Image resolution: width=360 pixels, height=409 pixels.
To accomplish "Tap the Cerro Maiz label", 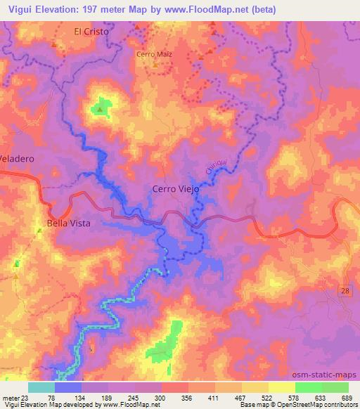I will point(154,53).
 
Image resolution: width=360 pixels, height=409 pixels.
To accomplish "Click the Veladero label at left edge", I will point(17,159).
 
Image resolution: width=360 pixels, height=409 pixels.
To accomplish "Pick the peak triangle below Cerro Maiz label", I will point(155,65).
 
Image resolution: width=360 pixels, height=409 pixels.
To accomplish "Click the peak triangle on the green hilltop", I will point(101,109).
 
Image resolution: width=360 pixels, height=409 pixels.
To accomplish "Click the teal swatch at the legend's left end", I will point(41,387).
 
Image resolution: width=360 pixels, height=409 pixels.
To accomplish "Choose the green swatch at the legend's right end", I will point(335,387).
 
